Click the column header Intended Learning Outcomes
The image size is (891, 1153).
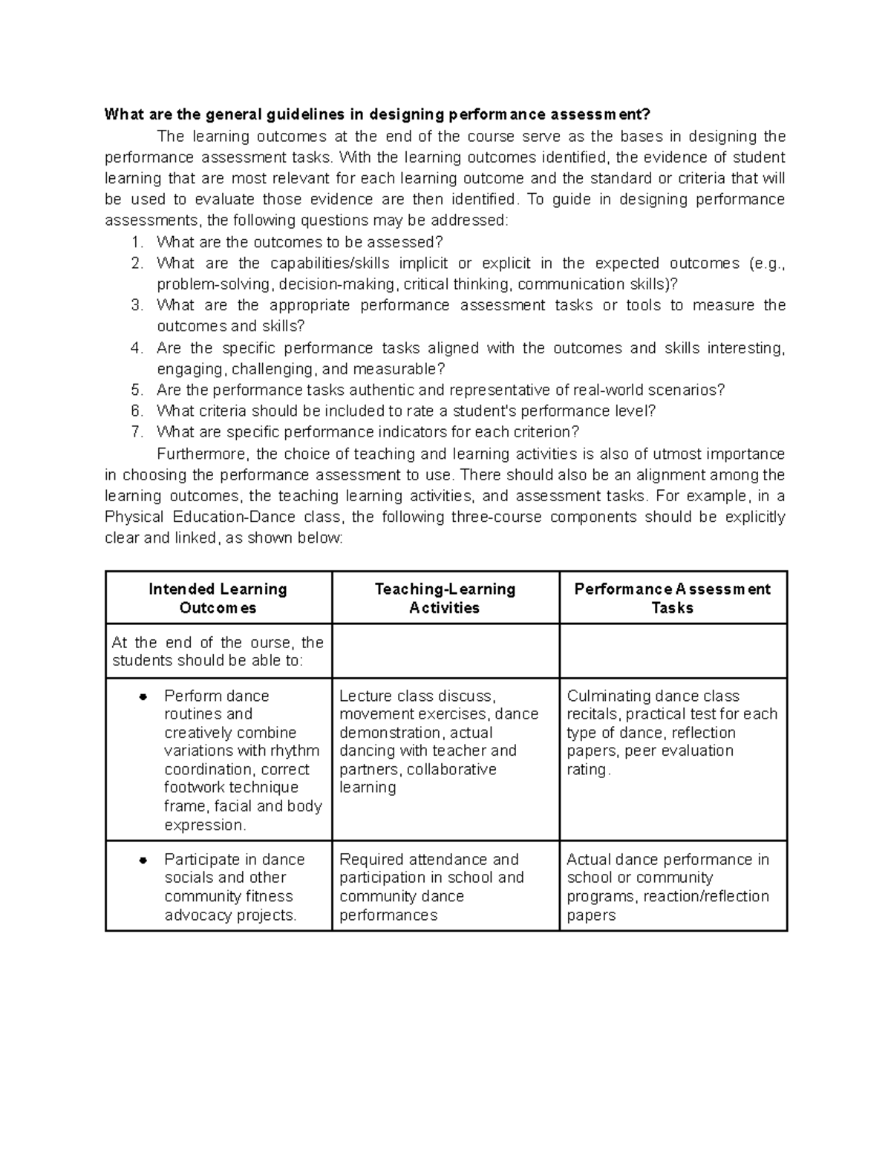218,598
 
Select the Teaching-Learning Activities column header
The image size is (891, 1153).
445,598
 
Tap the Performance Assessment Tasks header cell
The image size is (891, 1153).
672,598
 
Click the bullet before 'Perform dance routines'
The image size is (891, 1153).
144,696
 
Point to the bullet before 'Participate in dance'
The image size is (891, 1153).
144,860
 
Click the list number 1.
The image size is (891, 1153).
135,242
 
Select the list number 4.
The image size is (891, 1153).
135,348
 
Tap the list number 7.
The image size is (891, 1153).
135,432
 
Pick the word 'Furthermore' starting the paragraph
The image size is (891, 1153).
195,454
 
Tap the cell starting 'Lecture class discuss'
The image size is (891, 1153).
439,741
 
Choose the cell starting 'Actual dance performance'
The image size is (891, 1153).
668,886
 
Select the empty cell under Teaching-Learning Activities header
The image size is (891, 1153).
445,651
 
